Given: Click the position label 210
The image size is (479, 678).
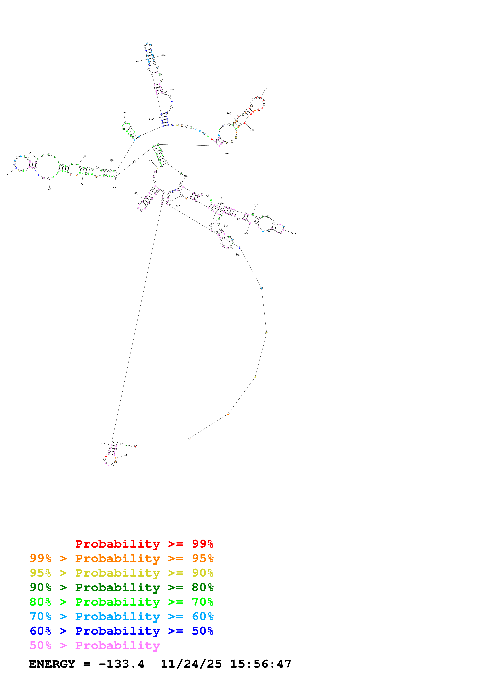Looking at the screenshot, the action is point(265,89).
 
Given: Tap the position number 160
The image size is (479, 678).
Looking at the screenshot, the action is point(163,55).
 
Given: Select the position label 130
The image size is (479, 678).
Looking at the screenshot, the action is point(123,112).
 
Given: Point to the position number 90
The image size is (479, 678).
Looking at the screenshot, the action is point(8,175).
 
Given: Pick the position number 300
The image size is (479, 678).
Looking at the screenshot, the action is point(238,255).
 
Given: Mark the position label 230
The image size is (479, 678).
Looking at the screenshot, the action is point(226,153).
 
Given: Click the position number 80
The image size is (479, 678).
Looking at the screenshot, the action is point(50,189).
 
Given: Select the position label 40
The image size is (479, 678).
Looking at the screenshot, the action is point(136,193).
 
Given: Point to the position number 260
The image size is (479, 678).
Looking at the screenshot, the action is point(256,204).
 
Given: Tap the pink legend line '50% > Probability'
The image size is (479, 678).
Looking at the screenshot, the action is point(95,646).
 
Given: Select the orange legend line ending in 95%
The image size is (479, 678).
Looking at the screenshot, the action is point(121,558).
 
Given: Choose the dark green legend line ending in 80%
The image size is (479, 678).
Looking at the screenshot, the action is point(121,587).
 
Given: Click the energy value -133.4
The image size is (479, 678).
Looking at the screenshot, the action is point(121,664).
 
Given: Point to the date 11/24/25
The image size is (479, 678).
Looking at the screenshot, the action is point(191,664).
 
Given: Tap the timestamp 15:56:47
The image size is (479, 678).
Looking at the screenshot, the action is point(261,664).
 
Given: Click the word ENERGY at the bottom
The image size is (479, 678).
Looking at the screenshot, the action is point(52,664).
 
